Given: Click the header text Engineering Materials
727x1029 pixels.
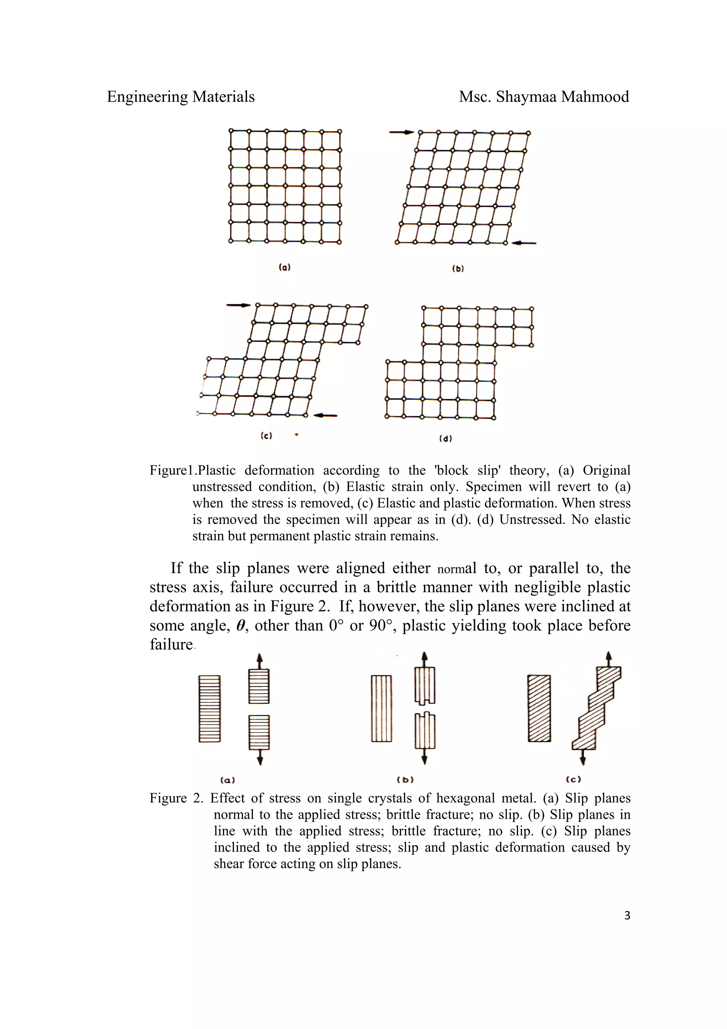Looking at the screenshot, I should [181, 97].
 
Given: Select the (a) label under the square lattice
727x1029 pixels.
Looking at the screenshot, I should [284, 268].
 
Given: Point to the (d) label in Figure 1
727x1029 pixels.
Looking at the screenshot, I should [445, 439].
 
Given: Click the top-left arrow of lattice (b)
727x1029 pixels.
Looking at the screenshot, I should [401, 132].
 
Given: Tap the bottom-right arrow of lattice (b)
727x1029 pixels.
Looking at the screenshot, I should [524, 243].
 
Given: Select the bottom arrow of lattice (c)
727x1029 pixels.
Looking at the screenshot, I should [325, 415].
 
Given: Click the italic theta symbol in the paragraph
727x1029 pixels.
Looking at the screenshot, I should [241, 626].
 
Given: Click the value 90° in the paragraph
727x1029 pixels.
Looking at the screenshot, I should [380, 626].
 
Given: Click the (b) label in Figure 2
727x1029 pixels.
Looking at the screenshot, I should [405, 780].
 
